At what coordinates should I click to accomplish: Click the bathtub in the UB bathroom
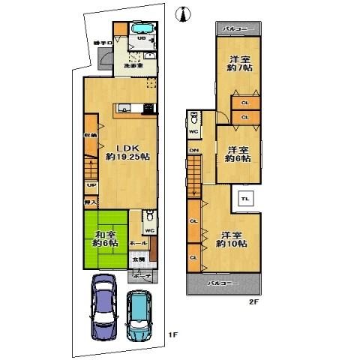(x=142, y=30)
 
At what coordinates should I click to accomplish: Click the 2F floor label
(x=253, y=302)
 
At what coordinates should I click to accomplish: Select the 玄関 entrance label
(x=139, y=259)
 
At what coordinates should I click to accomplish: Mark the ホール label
(x=138, y=244)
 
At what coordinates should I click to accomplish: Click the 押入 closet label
(x=91, y=202)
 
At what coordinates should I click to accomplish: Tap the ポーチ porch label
(x=141, y=276)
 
